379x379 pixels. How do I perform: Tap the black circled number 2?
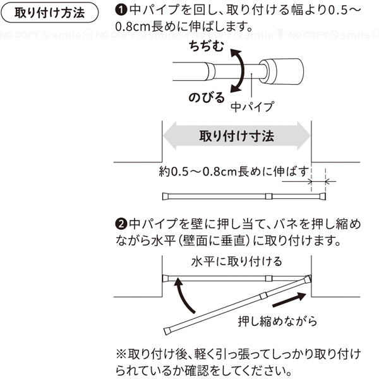click(121, 224)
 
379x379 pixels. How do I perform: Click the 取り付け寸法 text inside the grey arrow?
click(237, 135)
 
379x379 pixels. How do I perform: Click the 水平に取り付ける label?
click(236, 261)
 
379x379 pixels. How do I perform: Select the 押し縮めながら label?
click(277, 320)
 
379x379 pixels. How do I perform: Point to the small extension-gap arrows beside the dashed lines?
click(319, 181)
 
